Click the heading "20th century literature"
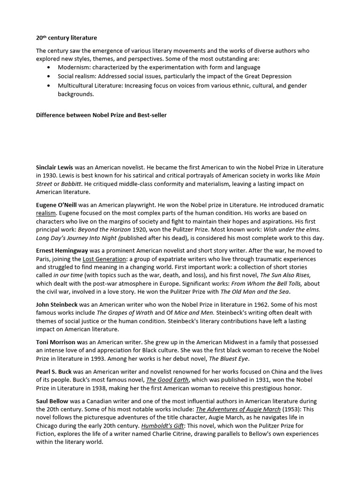click(x=66, y=38)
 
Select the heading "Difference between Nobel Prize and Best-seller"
click(x=101, y=115)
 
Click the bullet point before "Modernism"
click(x=49, y=68)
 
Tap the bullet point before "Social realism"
click(x=49, y=77)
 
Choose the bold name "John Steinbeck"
click(x=56, y=305)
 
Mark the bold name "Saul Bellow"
click(x=52, y=401)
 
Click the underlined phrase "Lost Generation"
click(x=104, y=259)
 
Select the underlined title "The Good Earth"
click(x=167, y=380)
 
